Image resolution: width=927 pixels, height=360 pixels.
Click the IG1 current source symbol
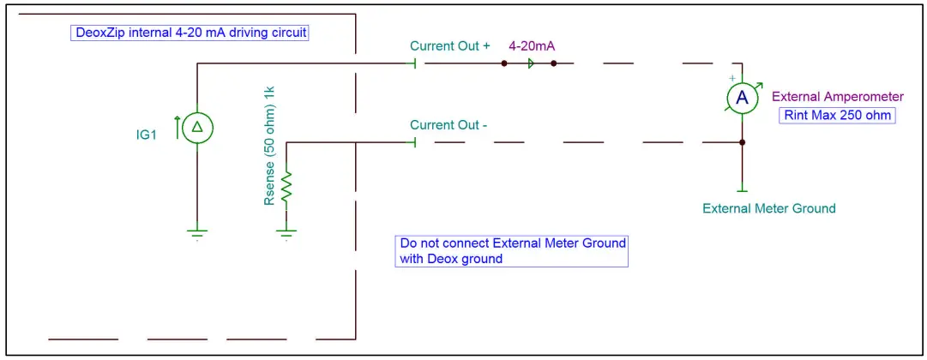[196, 128]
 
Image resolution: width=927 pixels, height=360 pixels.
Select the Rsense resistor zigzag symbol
[286, 185]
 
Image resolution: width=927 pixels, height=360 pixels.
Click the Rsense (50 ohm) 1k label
[269, 146]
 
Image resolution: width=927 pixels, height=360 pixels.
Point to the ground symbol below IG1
[196, 231]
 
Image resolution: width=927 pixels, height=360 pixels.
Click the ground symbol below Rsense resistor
[286, 231]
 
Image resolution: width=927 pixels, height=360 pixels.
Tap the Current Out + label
[449, 46]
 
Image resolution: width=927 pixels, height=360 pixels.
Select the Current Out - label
[448, 125]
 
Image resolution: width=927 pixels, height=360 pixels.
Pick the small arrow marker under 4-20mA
[532, 63]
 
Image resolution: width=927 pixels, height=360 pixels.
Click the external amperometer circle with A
[742, 99]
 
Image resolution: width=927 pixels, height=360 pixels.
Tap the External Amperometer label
[838, 98]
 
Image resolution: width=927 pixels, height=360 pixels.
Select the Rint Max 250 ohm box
[835, 116]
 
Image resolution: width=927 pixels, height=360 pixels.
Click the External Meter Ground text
[768, 208]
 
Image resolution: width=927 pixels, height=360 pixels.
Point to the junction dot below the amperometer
[743, 142]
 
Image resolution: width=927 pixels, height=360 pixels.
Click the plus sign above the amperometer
[731, 78]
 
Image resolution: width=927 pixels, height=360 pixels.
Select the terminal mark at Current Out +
[415, 63]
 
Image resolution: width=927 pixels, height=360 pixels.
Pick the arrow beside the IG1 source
[178, 128]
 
